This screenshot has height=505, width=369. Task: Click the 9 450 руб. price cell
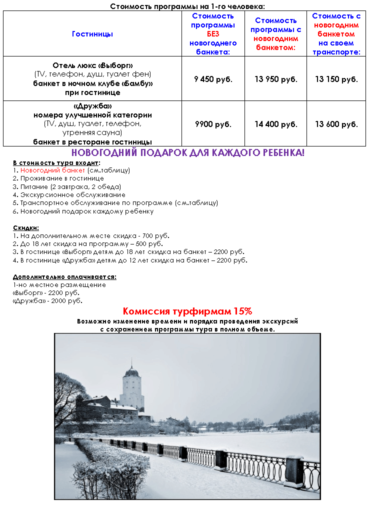pyautogui.click(x=213, y=79)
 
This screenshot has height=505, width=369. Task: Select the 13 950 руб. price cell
pyautogui.click(x=275, y=79)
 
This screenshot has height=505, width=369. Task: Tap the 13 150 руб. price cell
pyautogui.click(x=336, y=79)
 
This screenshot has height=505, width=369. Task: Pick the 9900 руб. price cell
pyautogui.click(x=213, y=124)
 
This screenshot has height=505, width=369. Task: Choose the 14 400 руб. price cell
pyautogui.click(x=275, y=124)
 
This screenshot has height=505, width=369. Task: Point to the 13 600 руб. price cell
pyautogui.click(x=336, y=124)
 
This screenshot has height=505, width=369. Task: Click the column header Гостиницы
pyautogui.click(x=92, y=34)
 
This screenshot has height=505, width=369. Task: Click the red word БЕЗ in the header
pyautogui.click(x=213, y=34)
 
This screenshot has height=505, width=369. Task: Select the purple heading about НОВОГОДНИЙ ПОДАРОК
pyautogui.click(x=187, y=152)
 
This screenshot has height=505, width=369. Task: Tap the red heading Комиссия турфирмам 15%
pyautogui.click(x=187, y=311)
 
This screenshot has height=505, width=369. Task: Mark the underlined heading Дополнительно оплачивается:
pyautogui.click(x=64, y=276)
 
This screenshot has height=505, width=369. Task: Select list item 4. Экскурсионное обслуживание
pyautogui.click(x=69, y=195)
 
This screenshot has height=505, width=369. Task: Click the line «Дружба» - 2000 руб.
pyautogui.click(x=47, y=301)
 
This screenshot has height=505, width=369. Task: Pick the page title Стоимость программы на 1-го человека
pyautogui.click(x=187, y=6)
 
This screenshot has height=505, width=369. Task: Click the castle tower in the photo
pyautogui.click(x=132, y=387)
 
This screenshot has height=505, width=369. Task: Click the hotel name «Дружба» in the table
pyautogui.click(x=92, y=106)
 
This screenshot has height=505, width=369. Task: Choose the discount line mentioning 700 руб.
pyautogui.click(x=91, y=236)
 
